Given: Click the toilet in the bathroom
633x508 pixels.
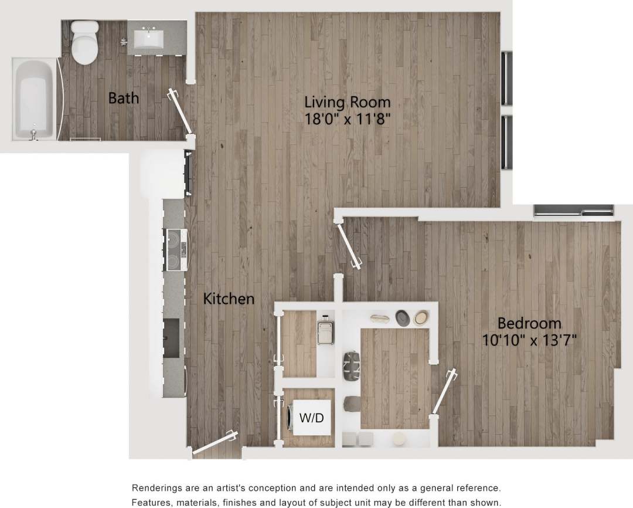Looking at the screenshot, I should [x=84, y=42].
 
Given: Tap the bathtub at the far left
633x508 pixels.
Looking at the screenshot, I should [x=34, y=99].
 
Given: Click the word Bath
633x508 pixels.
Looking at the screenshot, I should [x=124, y=98].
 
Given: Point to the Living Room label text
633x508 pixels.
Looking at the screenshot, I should [x=347, y=102].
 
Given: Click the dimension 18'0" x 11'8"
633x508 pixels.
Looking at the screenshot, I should [x=347, y=118].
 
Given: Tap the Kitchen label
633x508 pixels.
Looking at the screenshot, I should [x=229, y=299].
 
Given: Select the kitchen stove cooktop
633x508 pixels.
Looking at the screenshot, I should [x=176, y=249].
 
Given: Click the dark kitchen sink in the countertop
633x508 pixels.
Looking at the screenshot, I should [x=172, y=338].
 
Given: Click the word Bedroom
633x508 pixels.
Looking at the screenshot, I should [x=529, y=323].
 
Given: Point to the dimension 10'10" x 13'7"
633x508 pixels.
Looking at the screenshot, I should [x=529, y=340].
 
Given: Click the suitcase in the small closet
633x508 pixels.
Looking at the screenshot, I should [x=324, y=332].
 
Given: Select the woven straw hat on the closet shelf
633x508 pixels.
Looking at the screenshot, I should [x=421, y=318].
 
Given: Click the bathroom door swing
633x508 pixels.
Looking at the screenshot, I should [x=181, y=112].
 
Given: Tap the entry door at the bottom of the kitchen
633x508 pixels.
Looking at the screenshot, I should [x=215, y=442].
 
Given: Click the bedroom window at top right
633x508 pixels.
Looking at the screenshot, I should [x=573, y=210].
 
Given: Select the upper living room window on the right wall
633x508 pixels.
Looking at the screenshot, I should [x=507, y=79].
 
